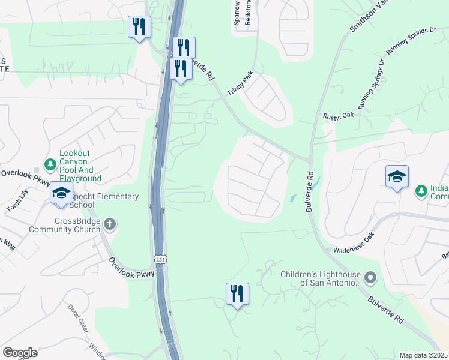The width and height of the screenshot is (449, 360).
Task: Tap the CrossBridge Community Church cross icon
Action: pyautogui.click(x=109, y=224)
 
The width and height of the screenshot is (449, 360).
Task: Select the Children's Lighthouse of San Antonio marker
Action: pyautogui.click(x=370, y=277)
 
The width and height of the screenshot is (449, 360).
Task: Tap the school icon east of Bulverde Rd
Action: pyautogui.click(x=397, y=177)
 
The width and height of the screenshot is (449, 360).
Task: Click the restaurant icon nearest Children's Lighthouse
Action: pyautogui.click(x=237, y=294)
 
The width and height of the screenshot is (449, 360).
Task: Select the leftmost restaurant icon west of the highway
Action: pyautogui.click(x=139, y=27)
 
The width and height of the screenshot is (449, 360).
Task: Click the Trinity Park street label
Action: pyautogui.click(x=240, y=83)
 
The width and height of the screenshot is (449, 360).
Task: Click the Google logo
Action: pyautogui.click(x=20, y=353)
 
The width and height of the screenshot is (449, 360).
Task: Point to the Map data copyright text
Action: pyautogui.click(x=423, y=355)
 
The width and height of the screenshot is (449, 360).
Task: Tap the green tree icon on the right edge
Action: pyautogui.click(x=422, y=191)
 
